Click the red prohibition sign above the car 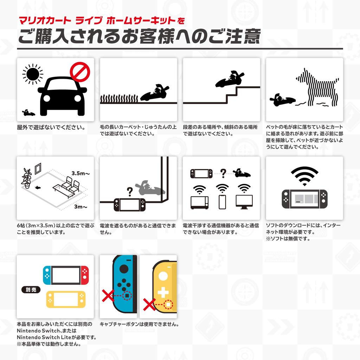(x=80, y=72)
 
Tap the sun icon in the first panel (x=33, y=74)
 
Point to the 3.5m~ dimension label (x=81, y=173)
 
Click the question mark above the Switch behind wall (x=129, y=191)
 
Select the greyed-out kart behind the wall (x=152, y=188)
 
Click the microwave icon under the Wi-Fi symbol (x=200, y=202)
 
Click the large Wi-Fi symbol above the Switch (x=304, y=176)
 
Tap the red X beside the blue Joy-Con (x=107, y=297)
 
